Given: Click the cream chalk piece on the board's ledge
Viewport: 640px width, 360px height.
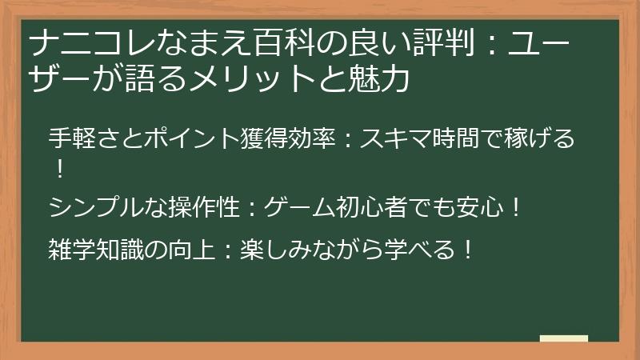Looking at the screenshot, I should pyautogui.click(x=563, y=338).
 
